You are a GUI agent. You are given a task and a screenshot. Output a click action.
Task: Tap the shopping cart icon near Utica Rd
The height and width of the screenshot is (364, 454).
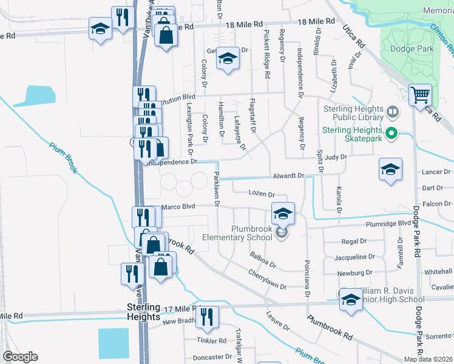click(420, 95)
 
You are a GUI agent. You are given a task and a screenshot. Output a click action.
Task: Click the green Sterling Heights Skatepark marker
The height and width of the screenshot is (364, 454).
click(391, 133)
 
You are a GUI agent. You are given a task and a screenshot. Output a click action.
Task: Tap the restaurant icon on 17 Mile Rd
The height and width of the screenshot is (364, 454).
click(207, 317)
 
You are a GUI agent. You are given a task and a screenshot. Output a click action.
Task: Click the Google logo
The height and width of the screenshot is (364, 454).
click(20, 357)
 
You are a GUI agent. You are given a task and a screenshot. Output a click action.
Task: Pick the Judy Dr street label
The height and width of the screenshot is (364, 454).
click(336, 157)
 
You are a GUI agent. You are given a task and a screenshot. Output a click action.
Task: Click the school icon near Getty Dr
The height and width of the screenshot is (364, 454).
click(228, 58)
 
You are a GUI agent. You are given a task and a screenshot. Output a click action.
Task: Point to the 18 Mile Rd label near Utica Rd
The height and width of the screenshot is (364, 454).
click(316, 21)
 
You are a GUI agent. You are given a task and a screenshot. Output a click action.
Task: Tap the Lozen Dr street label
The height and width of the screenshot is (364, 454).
click(262, 194)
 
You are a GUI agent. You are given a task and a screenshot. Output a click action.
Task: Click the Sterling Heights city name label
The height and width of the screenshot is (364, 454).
click(143, 311)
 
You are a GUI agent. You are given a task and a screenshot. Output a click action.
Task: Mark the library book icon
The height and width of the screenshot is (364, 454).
click(393, 113)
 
